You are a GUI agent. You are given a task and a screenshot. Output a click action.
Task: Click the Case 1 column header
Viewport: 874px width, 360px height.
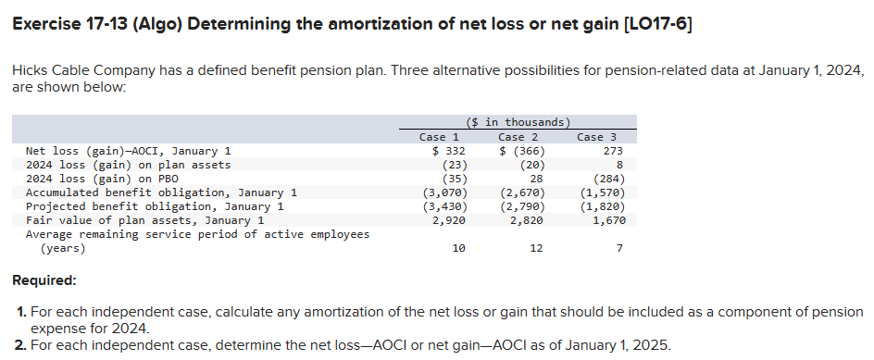440,137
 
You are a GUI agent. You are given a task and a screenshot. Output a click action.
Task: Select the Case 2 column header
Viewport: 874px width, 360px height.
518,137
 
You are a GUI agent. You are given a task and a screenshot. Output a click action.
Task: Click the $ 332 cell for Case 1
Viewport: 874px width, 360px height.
448,151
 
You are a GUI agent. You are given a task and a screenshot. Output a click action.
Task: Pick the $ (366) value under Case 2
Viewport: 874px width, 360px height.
522,151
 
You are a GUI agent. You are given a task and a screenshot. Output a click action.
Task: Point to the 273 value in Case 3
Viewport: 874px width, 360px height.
612,151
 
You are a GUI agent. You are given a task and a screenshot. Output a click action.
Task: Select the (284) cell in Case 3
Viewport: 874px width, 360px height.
608,179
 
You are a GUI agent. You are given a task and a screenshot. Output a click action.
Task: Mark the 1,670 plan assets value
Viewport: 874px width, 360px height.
608,220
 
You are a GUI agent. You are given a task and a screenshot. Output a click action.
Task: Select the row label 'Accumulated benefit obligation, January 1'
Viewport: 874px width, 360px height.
161,192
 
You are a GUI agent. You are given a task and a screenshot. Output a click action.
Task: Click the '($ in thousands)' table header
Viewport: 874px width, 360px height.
518,122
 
